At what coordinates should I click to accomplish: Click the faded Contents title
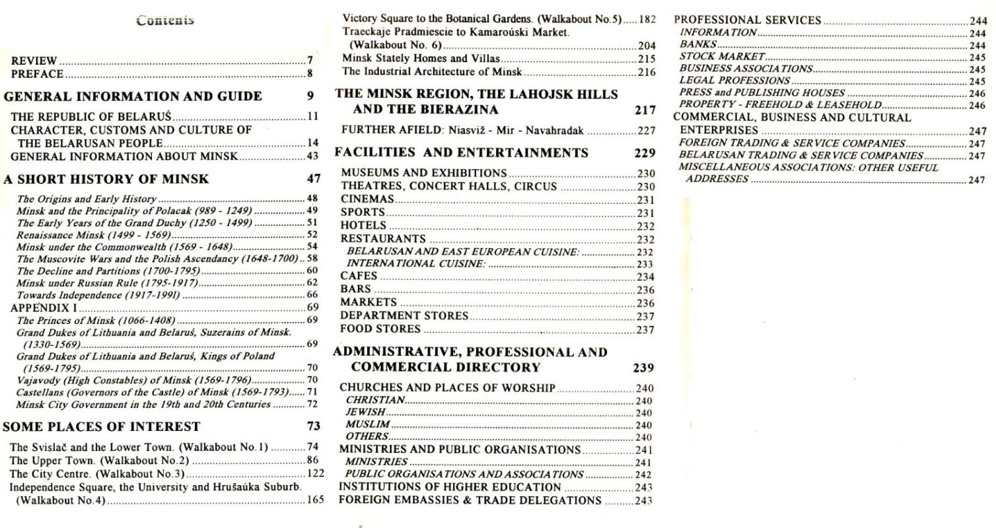[165, 20]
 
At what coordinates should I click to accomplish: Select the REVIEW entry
[34, 61]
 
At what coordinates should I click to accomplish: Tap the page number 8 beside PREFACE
[310, 74]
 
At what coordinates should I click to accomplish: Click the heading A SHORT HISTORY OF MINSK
[106, 179]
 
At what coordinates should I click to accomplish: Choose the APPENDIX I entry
[44, 308]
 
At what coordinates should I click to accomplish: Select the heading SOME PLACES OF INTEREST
[102, 426]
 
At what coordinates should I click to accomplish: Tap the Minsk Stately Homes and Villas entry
[421, 59]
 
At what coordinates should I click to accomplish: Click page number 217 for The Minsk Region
[645, 110]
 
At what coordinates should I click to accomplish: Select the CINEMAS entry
[367, 199]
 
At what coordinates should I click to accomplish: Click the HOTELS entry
[363, 226]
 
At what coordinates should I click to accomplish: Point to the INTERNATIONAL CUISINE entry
[416, 264]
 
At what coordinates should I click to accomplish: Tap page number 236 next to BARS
[645, 290]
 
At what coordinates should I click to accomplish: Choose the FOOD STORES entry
[380, 329]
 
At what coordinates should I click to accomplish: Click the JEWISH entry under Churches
[365, 412]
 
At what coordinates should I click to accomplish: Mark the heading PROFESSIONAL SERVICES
[747, 20]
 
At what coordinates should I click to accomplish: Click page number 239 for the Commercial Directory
[643, 368]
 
